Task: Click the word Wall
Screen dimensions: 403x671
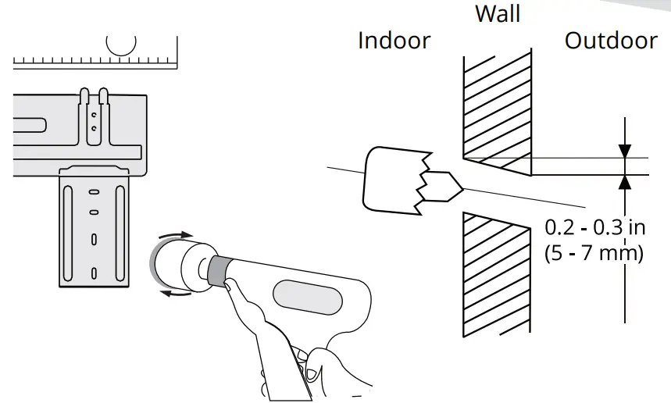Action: (498, 13)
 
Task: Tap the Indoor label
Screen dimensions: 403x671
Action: (394, 40)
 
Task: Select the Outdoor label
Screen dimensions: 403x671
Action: (611, 40)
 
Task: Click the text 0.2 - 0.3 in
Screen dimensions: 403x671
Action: (594, 227)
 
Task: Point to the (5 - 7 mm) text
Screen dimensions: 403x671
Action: (594, 253)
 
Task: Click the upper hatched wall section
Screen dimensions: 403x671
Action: (497, 109)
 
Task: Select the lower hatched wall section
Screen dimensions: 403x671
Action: (497, 273)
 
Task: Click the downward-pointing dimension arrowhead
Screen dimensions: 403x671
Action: (624, 150)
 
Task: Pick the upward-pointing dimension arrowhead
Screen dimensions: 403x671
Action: (624, 182)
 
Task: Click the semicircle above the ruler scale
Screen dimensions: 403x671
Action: (121, 45)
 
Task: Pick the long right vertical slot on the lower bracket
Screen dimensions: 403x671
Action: (118, 230)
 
